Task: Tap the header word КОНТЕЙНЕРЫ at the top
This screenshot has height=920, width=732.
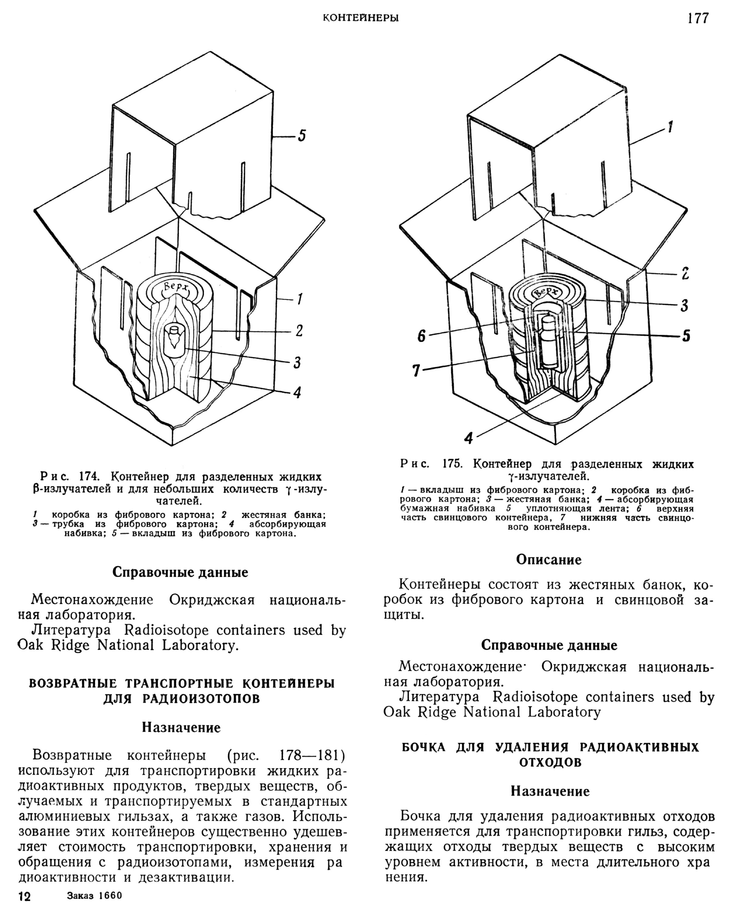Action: point(361,18)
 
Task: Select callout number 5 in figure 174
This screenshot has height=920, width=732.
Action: point(302,136)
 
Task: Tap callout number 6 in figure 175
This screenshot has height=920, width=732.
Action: point(422,337)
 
